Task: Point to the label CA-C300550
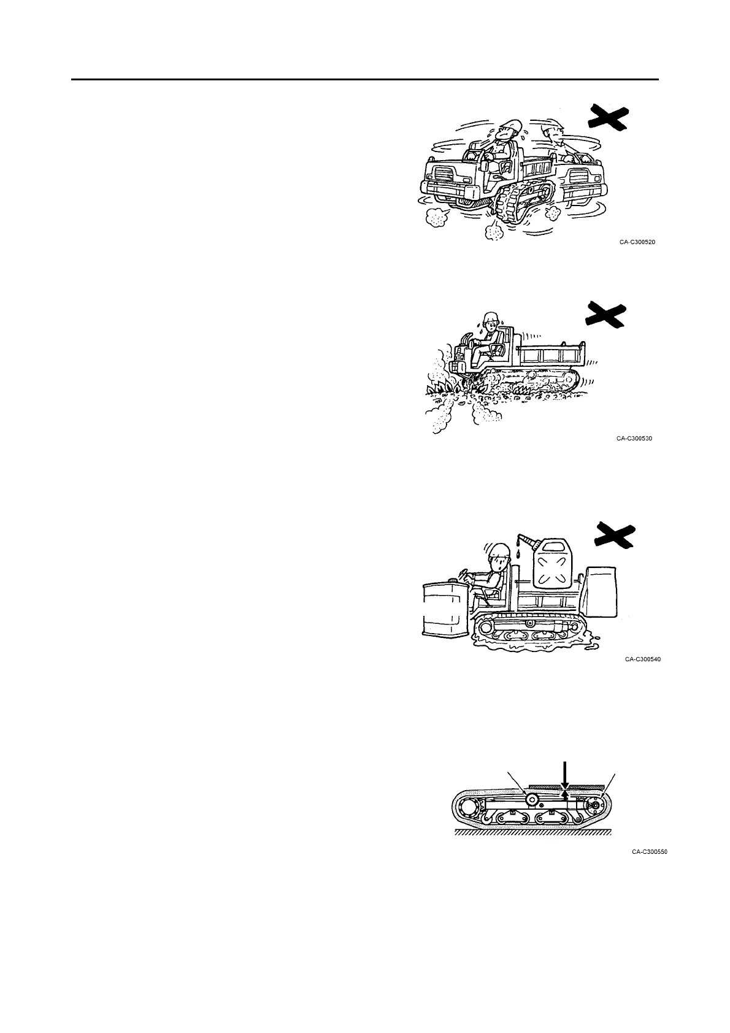coord(650,851)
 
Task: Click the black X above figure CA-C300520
coord(608,117)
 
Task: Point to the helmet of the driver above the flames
coord(489,318)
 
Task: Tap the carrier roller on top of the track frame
coord(531,798)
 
